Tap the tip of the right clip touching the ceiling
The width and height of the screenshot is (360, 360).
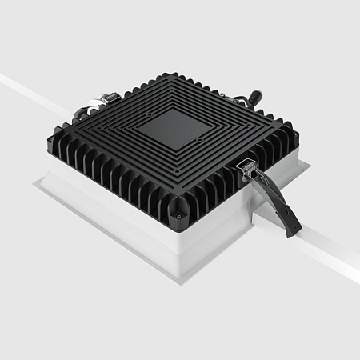294,230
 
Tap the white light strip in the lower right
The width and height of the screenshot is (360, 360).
328,252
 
